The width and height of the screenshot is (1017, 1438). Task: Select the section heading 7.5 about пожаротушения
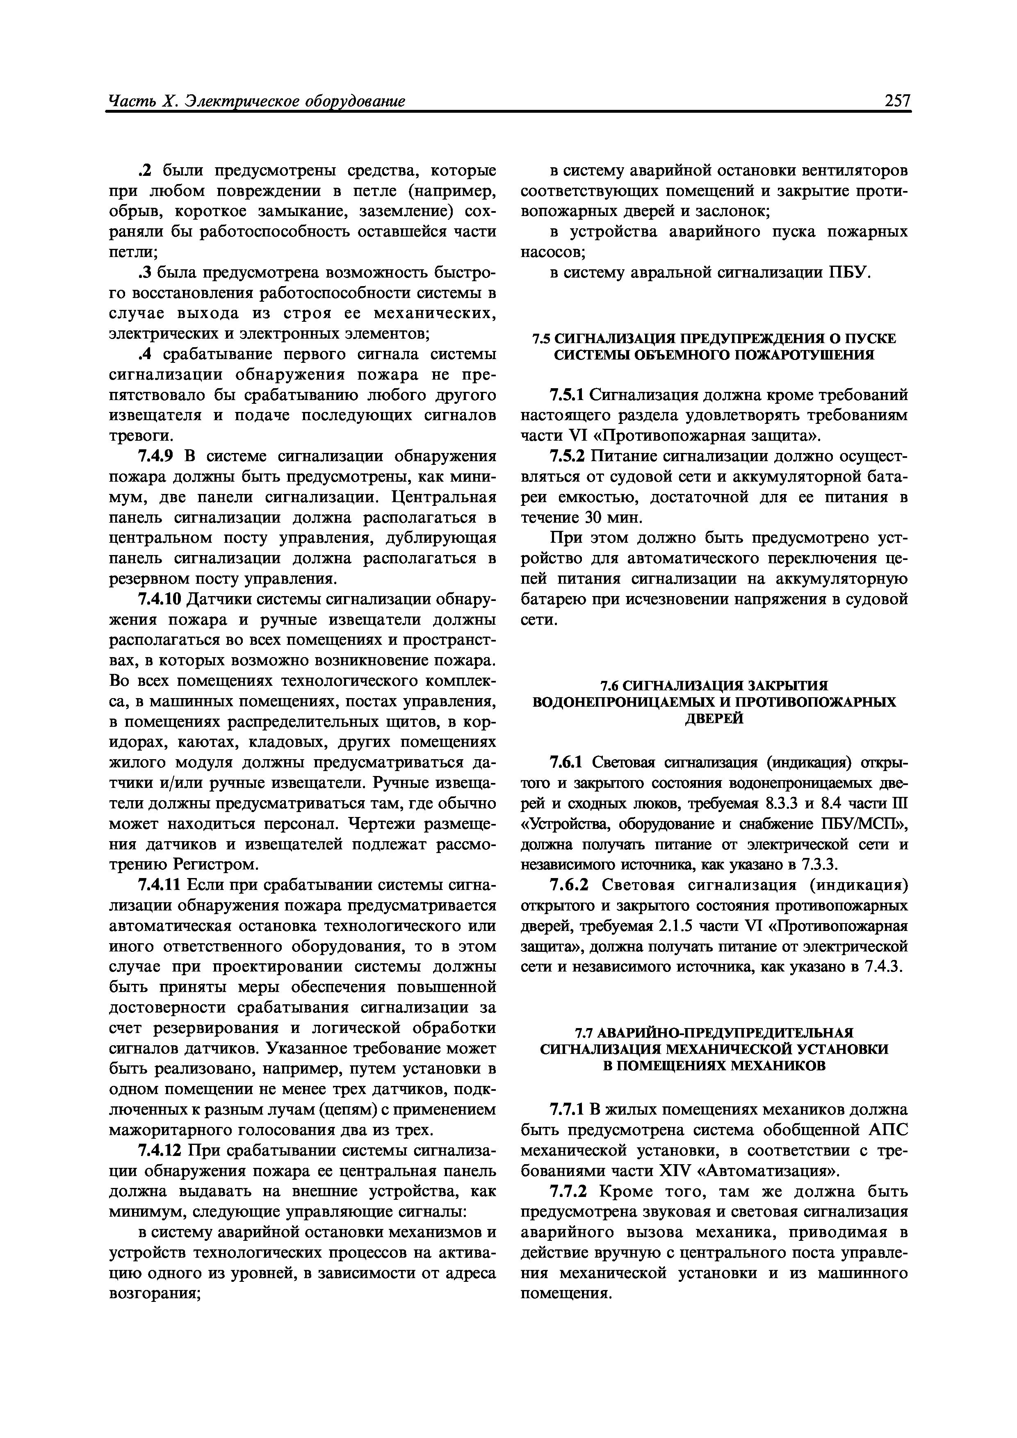coord(714,347)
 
